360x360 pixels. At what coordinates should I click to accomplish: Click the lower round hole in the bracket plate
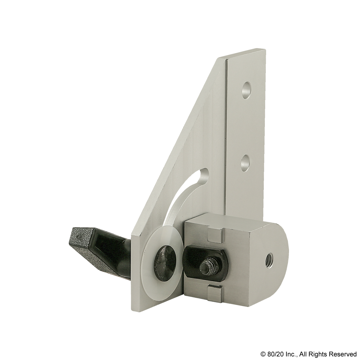tap(246, 163)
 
